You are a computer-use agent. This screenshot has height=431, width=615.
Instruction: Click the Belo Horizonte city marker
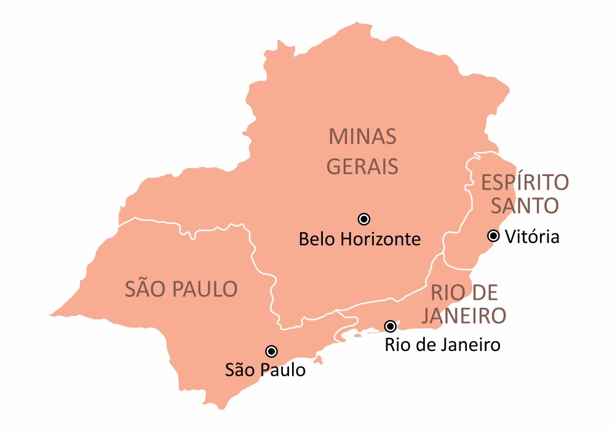(363, 219)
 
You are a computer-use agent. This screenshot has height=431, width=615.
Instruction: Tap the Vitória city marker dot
(493, 235)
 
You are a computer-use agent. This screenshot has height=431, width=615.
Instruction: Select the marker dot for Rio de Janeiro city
(390, 326)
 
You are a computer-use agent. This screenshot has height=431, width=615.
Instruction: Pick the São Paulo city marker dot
(271, 351)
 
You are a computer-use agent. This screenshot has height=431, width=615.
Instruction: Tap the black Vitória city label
(532, 236)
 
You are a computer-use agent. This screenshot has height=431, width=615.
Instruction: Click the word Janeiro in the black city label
(469, 345)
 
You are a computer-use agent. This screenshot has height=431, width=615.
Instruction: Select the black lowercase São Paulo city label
(265, 371)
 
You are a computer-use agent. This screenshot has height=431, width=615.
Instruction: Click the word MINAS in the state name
(362, 137)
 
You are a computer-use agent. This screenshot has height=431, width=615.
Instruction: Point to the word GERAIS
(362, 166)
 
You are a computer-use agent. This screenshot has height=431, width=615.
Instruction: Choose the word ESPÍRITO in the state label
(525, 183)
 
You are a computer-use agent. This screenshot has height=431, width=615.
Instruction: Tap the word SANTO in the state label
(525, 206)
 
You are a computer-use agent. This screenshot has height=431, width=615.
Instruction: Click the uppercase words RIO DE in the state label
(464, 292)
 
